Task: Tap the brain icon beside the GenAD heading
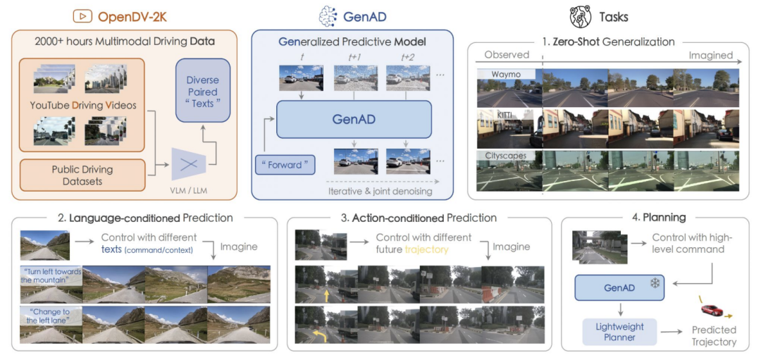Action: coord(329,15)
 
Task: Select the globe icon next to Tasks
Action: coord(581,16)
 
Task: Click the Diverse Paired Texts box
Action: coord(203,92)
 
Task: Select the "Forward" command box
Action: coord(285,166)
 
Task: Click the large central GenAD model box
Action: coord(354,119)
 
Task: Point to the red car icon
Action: coord(714,310)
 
